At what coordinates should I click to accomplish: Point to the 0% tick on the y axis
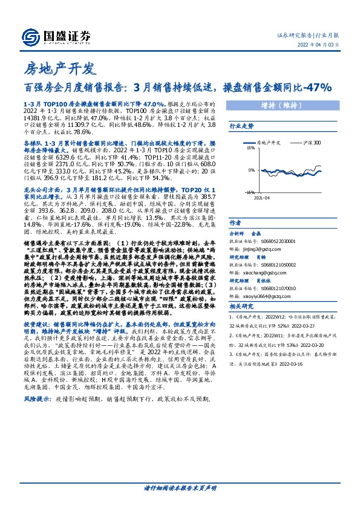(251, 170)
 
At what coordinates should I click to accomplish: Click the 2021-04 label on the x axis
(262, 197)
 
